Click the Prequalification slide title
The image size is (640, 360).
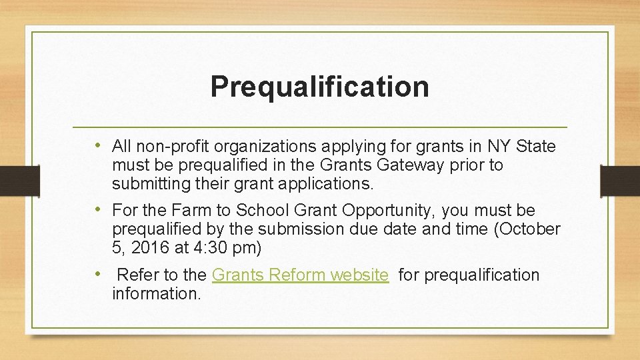tap(319, 87)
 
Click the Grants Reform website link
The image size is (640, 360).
tap(300, 275)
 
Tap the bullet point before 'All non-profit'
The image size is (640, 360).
tap(98, 145)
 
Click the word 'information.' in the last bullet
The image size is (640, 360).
tap(156, 293)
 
